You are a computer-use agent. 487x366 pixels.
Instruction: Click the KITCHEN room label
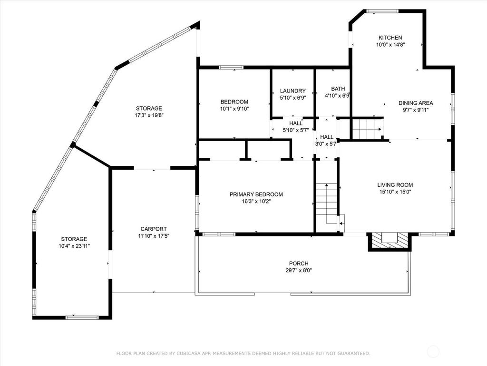pos(390,38)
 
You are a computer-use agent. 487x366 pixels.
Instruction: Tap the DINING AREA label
pos(416,103)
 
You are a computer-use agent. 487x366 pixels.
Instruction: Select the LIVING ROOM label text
pos(395,185)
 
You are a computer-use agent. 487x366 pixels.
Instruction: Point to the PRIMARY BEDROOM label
pos(256,194)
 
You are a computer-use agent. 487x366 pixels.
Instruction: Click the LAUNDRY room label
pos(292,91)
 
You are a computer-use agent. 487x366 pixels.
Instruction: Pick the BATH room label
pos(338,89)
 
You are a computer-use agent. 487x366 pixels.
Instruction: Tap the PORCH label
pos(299,264)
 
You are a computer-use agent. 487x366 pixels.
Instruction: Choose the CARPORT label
pos(154,229)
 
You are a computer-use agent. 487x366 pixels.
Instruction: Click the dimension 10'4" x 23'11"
pos(74,246)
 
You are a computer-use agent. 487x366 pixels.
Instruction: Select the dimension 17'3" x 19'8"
pos(149,115)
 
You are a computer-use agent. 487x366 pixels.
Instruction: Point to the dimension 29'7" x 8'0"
pos(299,271)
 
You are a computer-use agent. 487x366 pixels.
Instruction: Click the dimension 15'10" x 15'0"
pos(395,192)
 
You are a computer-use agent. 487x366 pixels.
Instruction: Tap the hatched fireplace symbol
pos(390,241)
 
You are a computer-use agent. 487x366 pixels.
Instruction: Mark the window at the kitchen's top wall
pos(382,11)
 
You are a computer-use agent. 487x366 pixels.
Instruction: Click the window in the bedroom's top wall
pos(232,67)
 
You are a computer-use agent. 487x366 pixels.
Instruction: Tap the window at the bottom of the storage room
pos(82,318)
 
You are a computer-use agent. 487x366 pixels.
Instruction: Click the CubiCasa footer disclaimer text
pos(243,353)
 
